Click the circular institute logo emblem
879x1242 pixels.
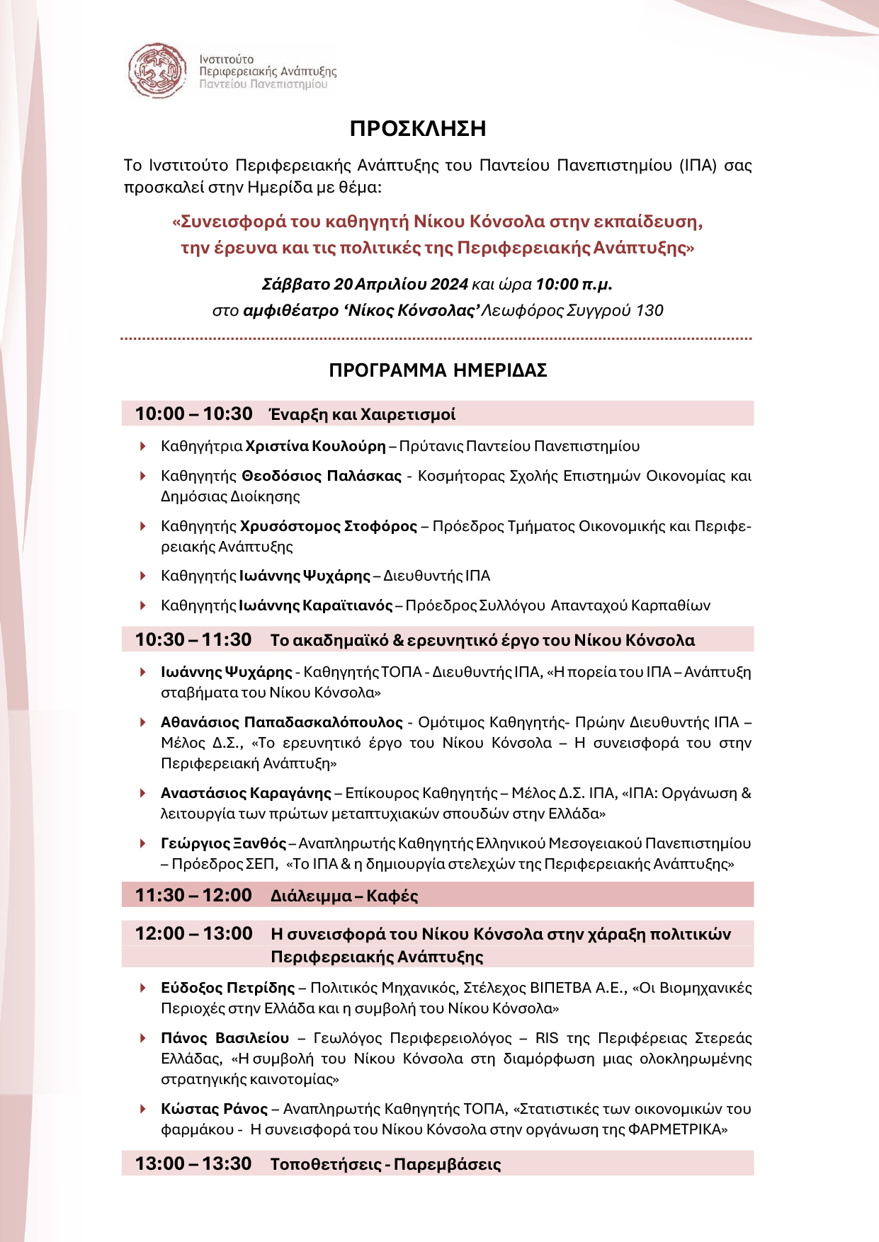pyautogui.click(x=157, y=70)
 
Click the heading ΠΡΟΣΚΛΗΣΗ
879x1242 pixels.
pyautogui.click(x=418, y=129)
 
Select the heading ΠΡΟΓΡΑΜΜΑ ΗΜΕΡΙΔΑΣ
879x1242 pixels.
pyautogui.click(x=438, y=370)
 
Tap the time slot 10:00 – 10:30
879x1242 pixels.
pyautogui.click(x=193, y=414)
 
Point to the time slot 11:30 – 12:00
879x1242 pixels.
pyautogui.click(x=193, y=896)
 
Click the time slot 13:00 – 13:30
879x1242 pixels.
pyautogui.click(x=193, y=1164)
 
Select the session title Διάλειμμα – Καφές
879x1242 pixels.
pyautogui.click(x=344, y=896)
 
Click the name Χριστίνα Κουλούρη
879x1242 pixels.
pyautogui.click(x=315, y=446)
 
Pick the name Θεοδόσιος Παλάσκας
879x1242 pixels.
pyautogui.click(x=322, y=476)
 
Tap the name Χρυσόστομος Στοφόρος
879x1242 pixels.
pyautogui.click(x=329, y=526)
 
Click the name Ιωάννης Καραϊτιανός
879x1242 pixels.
pyautogui.click(x=316, y=605)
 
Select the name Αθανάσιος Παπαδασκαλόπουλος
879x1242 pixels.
pyautogui.click(x=282, y=722)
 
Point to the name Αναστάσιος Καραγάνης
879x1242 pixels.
pyautogui.click(x=246, y=793)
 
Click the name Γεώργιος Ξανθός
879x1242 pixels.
pyautogui.click(x=224, y=843)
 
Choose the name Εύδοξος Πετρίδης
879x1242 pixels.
pyautogui.click(x=227, y=988)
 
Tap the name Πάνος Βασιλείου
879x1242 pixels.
pyautogui.click(x=225, y=1038)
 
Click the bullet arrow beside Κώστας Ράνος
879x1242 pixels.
pyautogui.click(x=143, y=1109)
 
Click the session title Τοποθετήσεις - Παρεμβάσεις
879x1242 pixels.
pyautogui.click(x=385, y=1165)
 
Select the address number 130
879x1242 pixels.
pyautogui.click(x=650, y=311)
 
